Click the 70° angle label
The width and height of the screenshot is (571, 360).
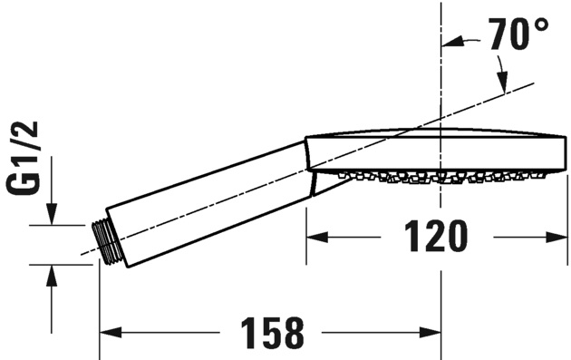coord(518,34)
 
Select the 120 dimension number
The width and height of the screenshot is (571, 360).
coord(436,236)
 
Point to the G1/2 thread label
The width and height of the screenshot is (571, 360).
coord(23,158)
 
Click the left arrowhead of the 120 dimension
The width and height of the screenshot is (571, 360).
coord(317,238)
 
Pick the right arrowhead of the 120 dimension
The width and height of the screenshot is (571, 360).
coord(556,238)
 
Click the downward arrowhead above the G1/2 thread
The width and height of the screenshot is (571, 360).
coord(52,214)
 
